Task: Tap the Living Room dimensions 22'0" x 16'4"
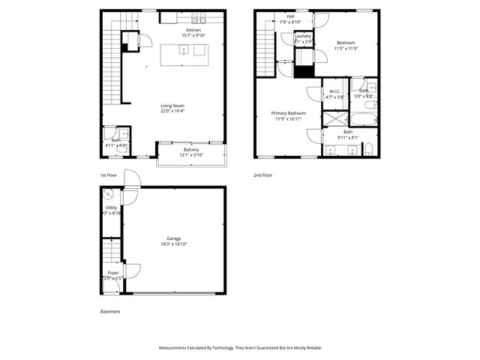pos(172,111)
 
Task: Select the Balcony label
pos(191,149)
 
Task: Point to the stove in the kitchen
pos(199,18)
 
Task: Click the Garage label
pos(174,238)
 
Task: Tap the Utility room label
pos(111,208)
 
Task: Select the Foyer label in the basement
pos(112,272)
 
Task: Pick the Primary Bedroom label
pos(289,112)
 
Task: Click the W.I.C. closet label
pos(335,91)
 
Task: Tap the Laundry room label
pos(303,36)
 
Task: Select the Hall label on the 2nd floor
pos(289,16)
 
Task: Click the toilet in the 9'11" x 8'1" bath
pos(368,150)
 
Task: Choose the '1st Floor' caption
pos(109,175)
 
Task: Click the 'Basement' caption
pos(110,311)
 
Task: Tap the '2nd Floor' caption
pos(263,175)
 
